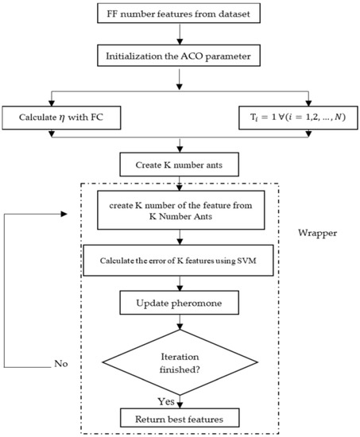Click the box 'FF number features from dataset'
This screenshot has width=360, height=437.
(x=182, y=15)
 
